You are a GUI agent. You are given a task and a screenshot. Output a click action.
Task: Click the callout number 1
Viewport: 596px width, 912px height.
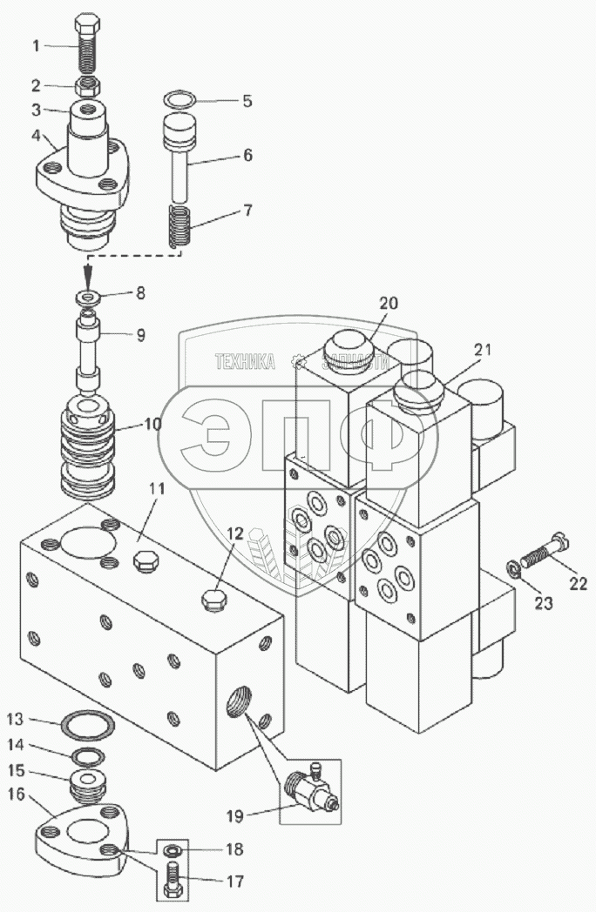coord(36,45)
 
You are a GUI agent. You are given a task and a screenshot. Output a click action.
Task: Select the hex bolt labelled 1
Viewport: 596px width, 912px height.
coord(87,44)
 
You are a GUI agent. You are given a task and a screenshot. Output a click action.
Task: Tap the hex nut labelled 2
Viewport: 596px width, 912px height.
coord(87,87)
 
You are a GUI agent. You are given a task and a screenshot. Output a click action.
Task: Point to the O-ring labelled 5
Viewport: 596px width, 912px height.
coord(178,101)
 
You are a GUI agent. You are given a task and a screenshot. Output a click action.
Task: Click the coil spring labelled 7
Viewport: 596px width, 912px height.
coord(180,225)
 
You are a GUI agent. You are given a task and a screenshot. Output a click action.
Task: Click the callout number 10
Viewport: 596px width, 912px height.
coord(152,424)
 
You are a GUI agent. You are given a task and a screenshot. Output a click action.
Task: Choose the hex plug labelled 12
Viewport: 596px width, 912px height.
coord(213,599)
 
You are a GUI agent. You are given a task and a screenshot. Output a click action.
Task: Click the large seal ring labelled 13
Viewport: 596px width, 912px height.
coord(89,725)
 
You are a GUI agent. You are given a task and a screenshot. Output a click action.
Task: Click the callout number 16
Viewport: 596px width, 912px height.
coord(17,794)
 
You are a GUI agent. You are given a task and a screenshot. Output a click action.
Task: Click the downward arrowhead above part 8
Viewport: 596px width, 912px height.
coord(88,272)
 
